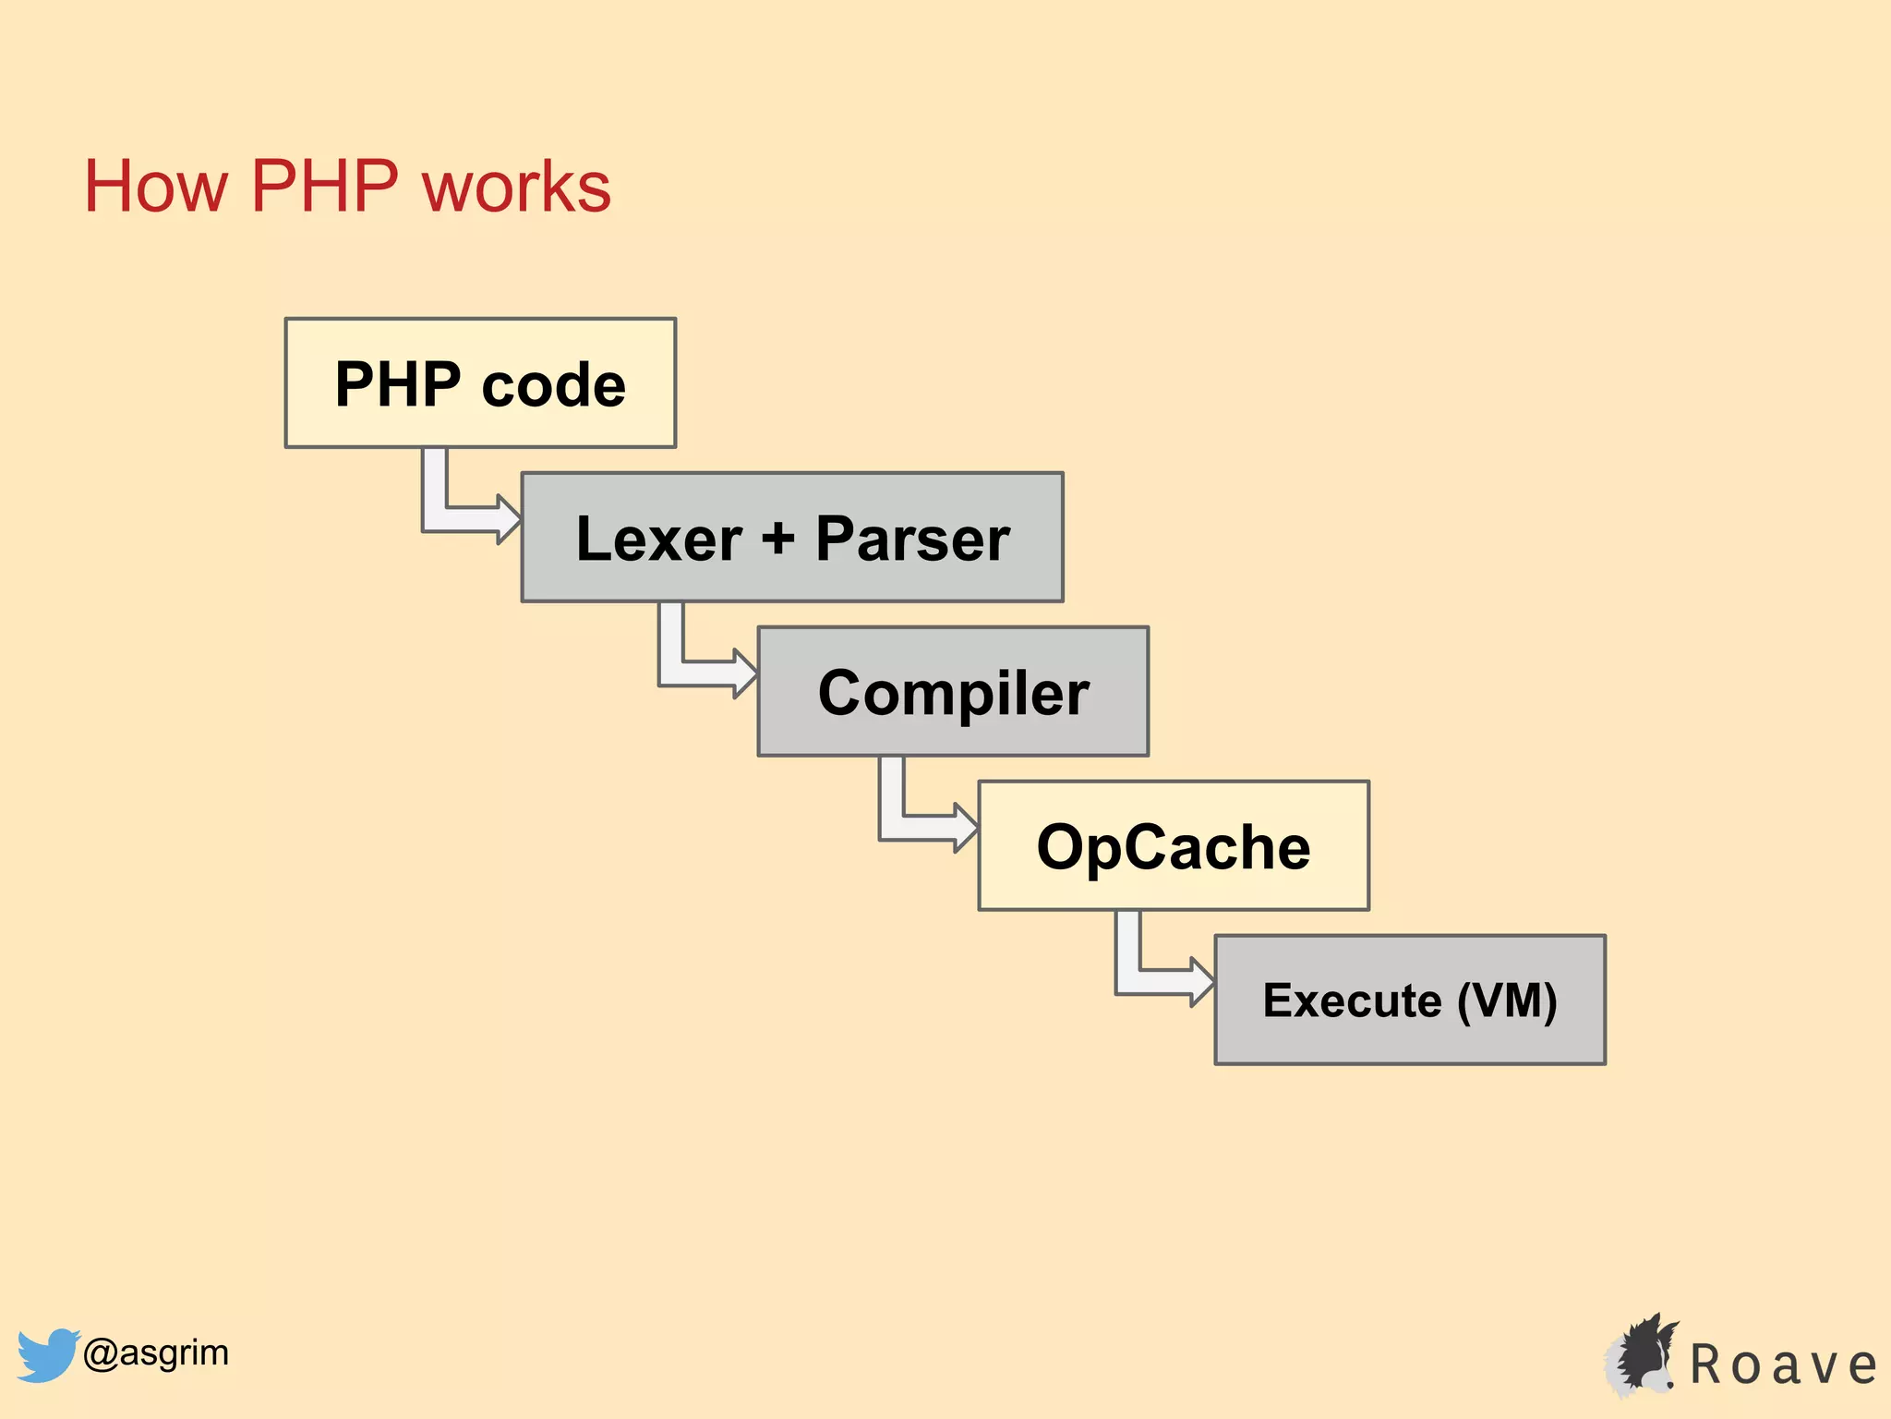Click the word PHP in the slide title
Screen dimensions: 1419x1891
(324, 188)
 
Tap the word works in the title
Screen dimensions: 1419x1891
(517, 188)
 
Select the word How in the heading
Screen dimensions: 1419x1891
(155, 188)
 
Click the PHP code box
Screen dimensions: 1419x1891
(480, 383)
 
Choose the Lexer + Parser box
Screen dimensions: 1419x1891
(792, 538)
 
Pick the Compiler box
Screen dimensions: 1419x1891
(953, 692)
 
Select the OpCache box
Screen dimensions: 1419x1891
(1174, 846)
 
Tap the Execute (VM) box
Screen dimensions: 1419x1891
(1410, 1001)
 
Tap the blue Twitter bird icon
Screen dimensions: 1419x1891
(46, 1354)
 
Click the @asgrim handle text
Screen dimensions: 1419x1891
(155, 1353)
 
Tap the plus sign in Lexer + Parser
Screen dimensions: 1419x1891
(778, 538)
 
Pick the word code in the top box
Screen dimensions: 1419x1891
(553, 385)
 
